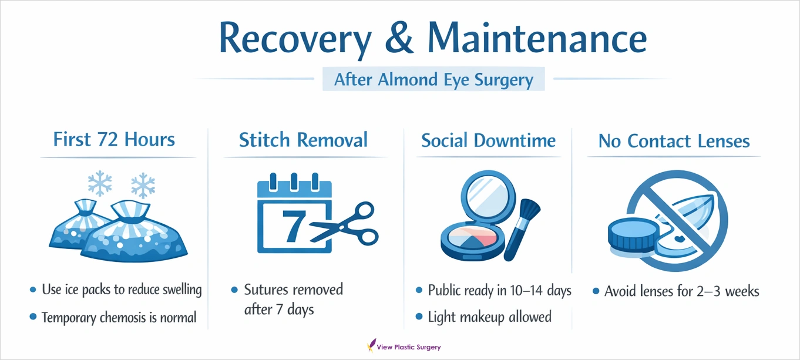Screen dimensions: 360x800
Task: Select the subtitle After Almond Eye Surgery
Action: click(x=433, y=79)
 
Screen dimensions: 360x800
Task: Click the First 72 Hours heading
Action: click(x=114, y=140)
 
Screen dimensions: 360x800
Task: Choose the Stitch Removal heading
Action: click(x=303, y=140)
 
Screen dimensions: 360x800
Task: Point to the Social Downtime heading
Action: click(x=488, y=141)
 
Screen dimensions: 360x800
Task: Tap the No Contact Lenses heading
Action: click(x=674, y=141)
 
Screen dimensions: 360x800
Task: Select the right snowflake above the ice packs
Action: click(x=143, y=186)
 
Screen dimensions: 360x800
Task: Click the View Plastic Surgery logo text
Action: click(x=409, y=346)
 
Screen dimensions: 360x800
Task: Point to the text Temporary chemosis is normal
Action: click(x=119, y=318)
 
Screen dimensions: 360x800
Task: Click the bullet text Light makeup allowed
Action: click(x=489, y=317)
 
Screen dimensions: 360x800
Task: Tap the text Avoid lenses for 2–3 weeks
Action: click(x=681, y=291)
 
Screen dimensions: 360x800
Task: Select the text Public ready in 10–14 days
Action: click(x=499, y=290)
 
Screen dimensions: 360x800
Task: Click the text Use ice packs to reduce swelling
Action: click(x=122, y=290)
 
